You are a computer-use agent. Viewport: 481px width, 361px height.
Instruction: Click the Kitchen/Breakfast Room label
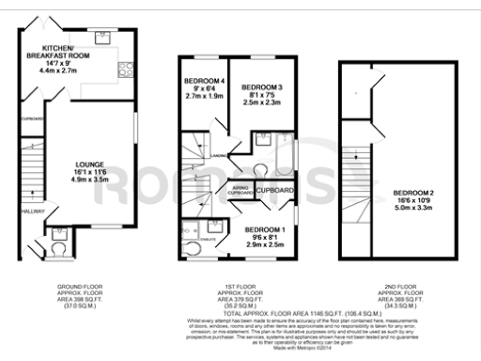click(67, 51)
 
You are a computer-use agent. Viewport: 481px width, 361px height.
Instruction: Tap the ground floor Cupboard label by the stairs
click(32, 118)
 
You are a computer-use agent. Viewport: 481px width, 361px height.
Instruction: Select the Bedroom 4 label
click(204, 80)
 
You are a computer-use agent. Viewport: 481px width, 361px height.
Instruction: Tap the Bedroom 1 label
click(264, 228)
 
